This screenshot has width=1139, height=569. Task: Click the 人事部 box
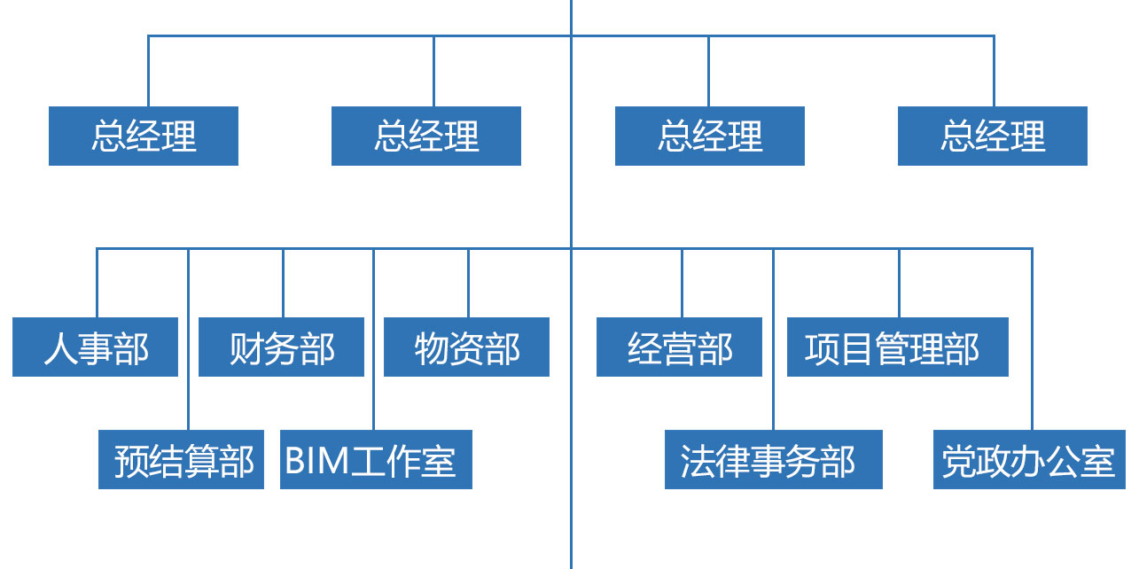[95, 347]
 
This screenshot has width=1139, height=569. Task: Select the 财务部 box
[281, 347]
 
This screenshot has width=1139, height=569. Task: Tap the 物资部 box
[466, 347]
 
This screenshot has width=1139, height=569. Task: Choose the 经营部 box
[679, 347]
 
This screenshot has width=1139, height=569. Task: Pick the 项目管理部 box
[897, 347]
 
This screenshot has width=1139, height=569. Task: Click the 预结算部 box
[181, 460]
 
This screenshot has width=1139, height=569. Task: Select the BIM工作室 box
[376, 460]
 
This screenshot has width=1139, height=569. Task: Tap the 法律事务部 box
[773, 460]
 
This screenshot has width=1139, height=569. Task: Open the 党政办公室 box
[1029, 460]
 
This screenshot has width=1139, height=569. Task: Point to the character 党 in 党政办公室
[958, 461]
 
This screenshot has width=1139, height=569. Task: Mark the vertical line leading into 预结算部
[188, 399]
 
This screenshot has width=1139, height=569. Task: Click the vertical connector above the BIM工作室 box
[374, 399]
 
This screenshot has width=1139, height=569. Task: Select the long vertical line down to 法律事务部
[773, 399]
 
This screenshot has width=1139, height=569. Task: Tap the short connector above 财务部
[284, 284]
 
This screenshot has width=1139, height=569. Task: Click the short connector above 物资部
[468, 284]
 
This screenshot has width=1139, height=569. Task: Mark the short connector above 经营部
[683, 284]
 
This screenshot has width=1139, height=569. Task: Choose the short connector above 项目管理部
[899, 284]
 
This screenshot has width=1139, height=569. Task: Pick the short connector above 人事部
[97, 284]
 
